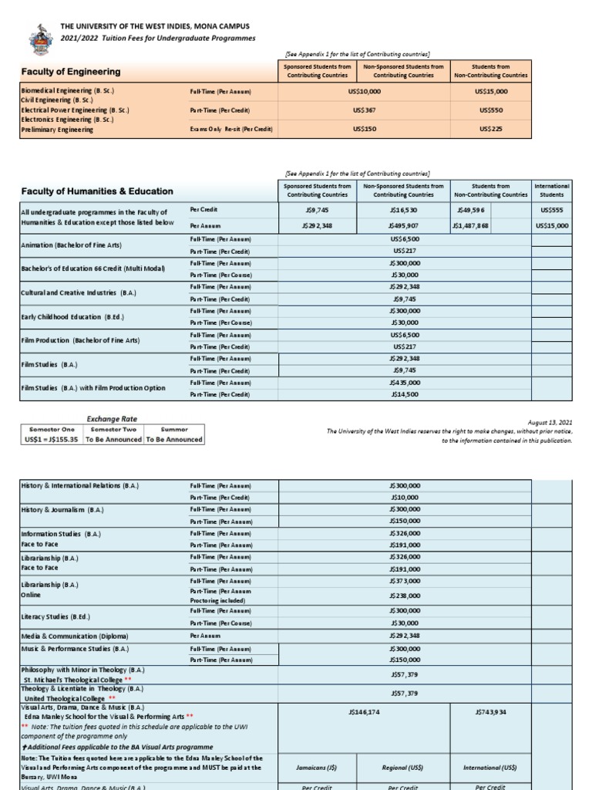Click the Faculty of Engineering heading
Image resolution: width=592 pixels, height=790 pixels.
click(70, 72)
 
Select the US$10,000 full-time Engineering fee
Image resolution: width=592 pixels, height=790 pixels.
click(364, 92)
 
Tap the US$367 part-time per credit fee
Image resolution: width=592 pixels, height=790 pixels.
click(364, 110)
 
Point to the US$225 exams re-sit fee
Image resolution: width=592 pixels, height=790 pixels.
click(490, 129)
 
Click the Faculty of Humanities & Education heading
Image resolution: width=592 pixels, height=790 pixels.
click(96, 191)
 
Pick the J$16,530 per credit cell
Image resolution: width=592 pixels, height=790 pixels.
click(403, 210)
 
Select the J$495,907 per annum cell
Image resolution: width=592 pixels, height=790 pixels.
click(403, 226)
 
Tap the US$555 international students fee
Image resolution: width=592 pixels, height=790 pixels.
click(552, 210)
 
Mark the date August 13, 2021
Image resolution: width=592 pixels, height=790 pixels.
click(550, 423)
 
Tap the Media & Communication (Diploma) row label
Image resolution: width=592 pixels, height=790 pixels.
click(74, 636)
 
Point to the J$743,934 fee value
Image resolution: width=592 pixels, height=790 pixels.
click(490, 712)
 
